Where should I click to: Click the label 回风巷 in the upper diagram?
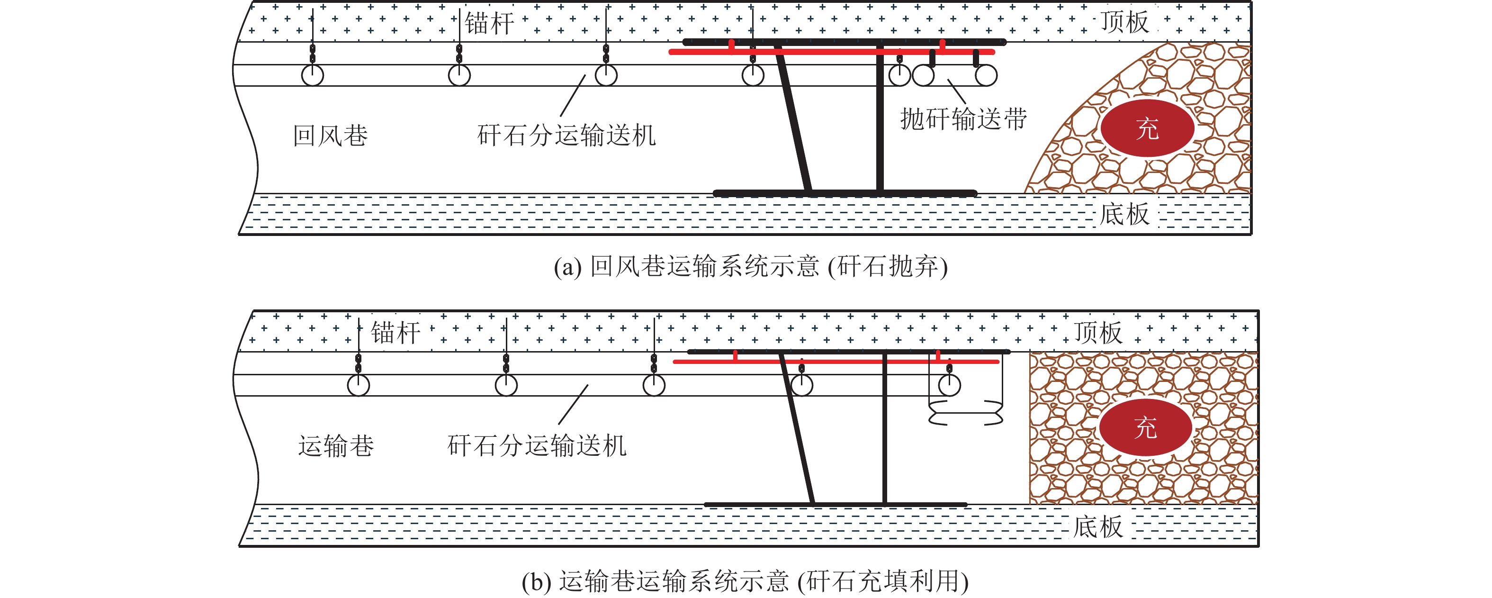tap(330, 136)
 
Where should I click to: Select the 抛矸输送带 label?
tap(964, 119)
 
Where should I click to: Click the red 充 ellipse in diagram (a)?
tap(1147, 128)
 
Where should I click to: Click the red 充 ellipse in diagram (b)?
tap(1145, 427)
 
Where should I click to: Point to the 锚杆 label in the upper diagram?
tap(489, 24)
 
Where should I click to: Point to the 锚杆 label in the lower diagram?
tap(395, 333)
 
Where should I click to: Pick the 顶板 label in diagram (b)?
tap(1098, 333)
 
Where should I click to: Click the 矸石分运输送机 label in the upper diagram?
tap(566, 136)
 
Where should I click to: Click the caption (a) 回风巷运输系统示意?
tap(751, 267)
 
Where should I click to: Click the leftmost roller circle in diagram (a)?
tap(313, 75)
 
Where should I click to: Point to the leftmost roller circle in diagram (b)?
tap(359, 385)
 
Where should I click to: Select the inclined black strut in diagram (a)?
tap(795, 122)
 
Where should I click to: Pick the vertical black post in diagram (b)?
tap(884, 429)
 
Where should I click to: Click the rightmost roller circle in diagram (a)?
tap(986, 75)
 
